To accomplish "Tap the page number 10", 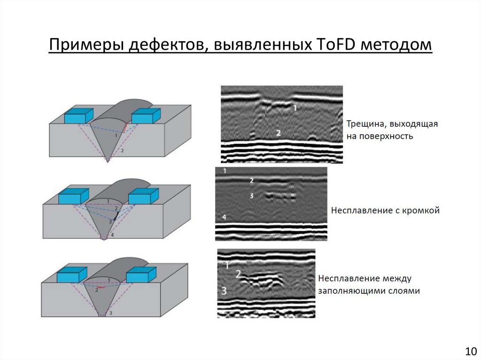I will pyautogui.click(x=470, y=351).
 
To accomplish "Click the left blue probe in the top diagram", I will pyautogui.click(x=78, y=115).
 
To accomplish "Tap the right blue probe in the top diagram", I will pyautogui.click(x=146, y=115).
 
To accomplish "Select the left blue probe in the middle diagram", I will pyautogui.click(x=73, y=196).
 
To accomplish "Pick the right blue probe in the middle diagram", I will pyautogui.click(x=144, y=196).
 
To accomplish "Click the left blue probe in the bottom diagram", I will pyautogui.click(x=72, y=275).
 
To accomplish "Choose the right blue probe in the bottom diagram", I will pyautogui.click(x=140, y=275).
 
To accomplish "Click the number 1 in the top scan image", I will pyautogui.click(x=295, y=108).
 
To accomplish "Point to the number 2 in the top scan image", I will pyautogui.click(x=279, y=133).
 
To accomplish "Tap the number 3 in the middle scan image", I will pyautogui.click(x=252, y=195).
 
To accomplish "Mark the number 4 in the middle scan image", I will pyautogui.click(x=225, y=217).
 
